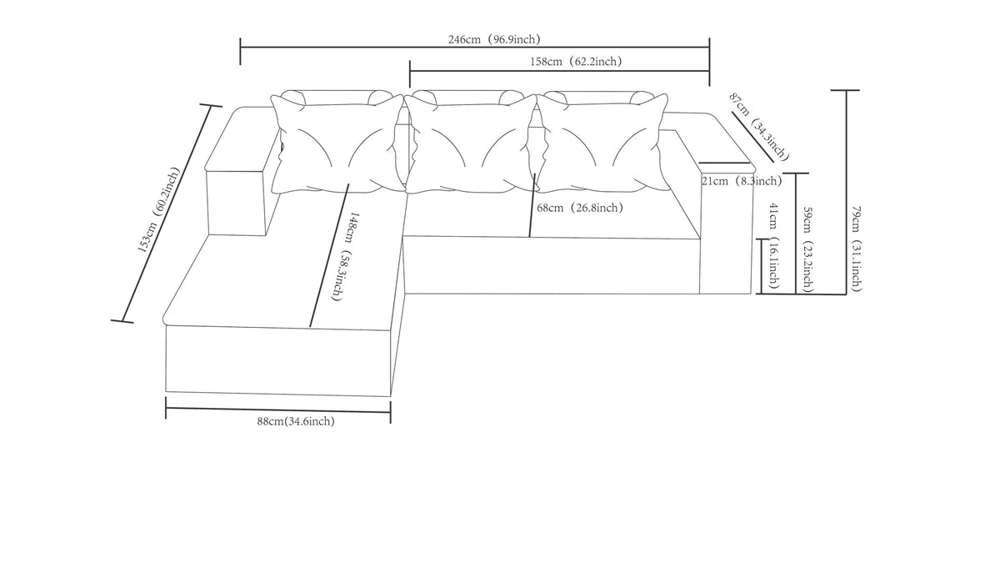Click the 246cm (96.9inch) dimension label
(494, 40)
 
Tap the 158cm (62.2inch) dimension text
(576, 61)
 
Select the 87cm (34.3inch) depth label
(759, 127)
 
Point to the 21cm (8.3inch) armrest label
(742, 181)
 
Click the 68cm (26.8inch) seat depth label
(579, 208)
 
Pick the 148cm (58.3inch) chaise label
(343, 257)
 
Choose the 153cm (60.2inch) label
(159, 210)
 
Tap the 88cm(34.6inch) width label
(296, 421)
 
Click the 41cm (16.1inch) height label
(774, 246)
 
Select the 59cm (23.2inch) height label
(807, 249)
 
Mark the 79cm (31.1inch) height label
(856, 249)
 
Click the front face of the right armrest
(726, 233)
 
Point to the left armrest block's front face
(237, 203)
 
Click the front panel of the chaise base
(277, 360)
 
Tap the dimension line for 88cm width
(277, 410)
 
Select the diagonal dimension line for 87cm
(752, 137)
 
